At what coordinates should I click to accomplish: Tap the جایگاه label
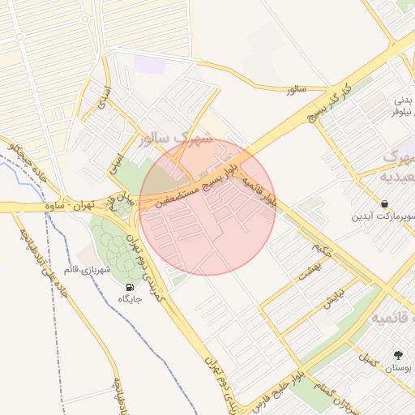131,299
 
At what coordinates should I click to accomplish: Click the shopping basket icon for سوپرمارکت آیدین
383,203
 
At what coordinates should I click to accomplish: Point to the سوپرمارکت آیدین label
383,216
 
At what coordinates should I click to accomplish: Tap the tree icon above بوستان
397,355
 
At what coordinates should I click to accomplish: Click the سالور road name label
294,88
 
